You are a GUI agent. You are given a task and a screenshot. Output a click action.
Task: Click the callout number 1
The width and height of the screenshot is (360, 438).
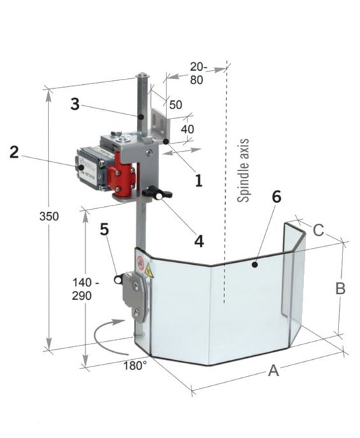coord(199,180)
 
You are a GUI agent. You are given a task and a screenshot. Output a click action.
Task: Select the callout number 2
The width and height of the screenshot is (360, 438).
coord(14,152)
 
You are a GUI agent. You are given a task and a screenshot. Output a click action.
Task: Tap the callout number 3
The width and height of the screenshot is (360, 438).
coord(75,104)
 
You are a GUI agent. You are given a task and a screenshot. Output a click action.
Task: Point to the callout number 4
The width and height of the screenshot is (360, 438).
coord(199,241)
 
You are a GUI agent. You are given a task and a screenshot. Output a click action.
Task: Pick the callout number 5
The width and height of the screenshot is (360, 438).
coord(104,229)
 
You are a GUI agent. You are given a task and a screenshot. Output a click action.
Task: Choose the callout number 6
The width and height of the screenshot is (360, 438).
coord(276,197)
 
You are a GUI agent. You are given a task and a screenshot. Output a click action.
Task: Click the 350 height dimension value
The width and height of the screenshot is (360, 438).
coord(49,216)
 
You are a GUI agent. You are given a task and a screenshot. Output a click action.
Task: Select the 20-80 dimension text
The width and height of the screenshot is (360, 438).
coord(199,73)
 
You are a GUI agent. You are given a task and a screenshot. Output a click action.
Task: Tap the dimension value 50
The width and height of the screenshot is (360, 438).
coord(175,104)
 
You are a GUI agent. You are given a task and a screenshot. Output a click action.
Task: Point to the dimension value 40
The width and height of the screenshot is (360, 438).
coord(187,129)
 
